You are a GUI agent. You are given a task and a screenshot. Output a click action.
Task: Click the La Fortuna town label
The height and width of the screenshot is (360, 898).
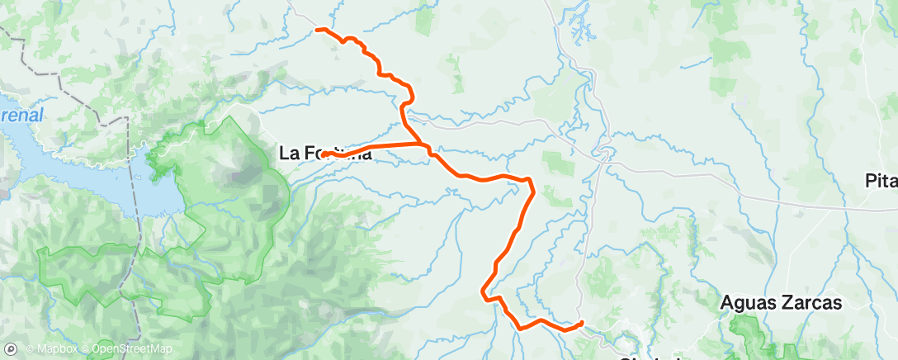click(x=325, y=153)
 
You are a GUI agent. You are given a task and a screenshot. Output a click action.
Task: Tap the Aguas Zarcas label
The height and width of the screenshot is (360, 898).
click(x=781, y=303)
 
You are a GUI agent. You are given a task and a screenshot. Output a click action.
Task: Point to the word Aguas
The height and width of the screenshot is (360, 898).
click(x=747, y=304)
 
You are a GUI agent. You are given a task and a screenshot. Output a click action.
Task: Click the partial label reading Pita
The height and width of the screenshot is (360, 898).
click(x=881, y=182)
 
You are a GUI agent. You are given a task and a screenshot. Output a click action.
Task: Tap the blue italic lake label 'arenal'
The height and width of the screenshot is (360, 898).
click(x=21, y=115)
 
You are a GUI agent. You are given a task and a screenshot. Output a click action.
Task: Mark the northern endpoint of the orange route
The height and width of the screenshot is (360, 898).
click(x=318, y=30)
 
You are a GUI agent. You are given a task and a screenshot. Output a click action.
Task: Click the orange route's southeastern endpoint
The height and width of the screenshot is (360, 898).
click(x=582, y=323)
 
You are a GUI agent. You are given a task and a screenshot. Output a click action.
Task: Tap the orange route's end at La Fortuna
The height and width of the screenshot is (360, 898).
click(x=325, y=154)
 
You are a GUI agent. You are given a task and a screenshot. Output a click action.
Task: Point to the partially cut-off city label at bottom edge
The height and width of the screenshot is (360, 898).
click(x=652, y=357)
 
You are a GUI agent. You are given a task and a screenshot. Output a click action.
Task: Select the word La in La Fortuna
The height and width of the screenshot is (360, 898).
click(x=289, y=153)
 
